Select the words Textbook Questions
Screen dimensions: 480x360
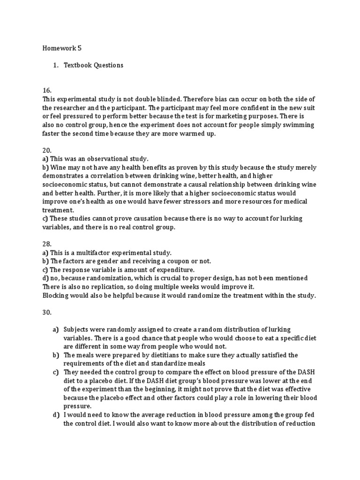pyautogui.click(x=94, y=65)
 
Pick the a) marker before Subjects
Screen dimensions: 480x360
pyautogui.click(x=55, y=330)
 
